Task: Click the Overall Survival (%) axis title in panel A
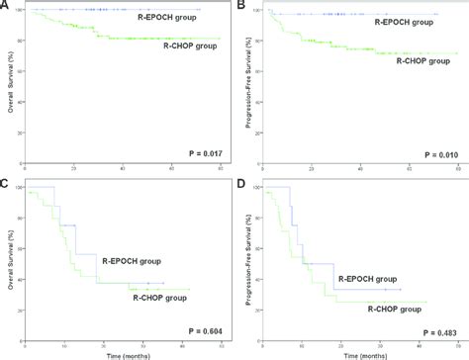point(10,84)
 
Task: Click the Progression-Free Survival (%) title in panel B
point(244,84)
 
